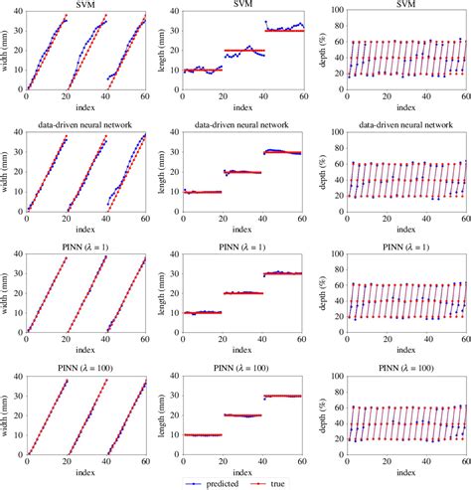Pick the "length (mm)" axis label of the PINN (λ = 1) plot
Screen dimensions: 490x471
(163, 296)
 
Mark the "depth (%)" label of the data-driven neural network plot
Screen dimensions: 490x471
(319, 175)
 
